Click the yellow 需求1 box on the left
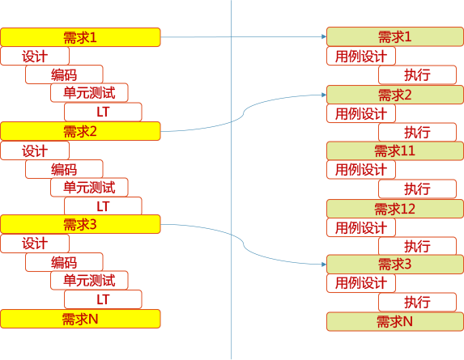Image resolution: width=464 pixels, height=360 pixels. coord(80,37)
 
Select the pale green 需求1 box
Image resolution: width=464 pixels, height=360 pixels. coord(394,37)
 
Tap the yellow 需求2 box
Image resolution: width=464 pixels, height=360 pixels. coord(80,132)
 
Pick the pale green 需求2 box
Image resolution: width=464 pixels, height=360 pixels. coord(394,95)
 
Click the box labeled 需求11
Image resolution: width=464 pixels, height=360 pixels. coord(394,151)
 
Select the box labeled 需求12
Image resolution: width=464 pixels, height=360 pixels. coord(394,209)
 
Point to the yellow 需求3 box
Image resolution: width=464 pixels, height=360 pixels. coord(80,225)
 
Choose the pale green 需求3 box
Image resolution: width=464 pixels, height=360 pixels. coord(394,265)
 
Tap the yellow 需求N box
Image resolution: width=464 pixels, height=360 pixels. coord(80,319)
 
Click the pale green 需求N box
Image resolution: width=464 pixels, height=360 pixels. coord(394,321)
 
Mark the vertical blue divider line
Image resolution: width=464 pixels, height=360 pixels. coord(232,178)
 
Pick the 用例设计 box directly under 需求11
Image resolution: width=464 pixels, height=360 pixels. coord(361,170)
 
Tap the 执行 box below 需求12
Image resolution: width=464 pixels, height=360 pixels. coord(417,246)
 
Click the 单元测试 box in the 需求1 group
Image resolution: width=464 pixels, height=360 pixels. coord(89,93)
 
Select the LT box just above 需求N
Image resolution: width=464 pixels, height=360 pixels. coord(103,300)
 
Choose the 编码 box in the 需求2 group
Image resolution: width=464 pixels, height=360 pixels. coord(64,169)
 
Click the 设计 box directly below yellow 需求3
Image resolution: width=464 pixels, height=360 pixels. coord(35,244)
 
